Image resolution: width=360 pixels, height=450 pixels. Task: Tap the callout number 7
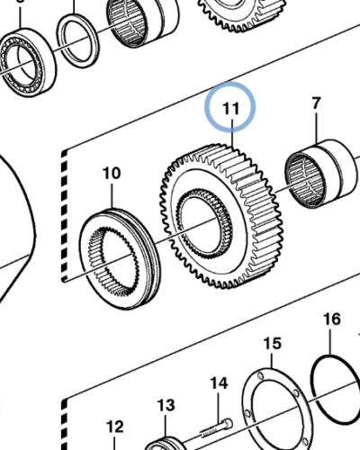(x=315, y=104)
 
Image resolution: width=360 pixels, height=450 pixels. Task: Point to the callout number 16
(x=331, y=319)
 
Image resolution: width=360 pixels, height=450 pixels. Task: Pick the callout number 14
(x=219, y=383)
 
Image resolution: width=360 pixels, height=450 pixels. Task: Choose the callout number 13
(x=165, y=405)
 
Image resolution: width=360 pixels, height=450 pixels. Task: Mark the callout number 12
(x=114, y=427)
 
